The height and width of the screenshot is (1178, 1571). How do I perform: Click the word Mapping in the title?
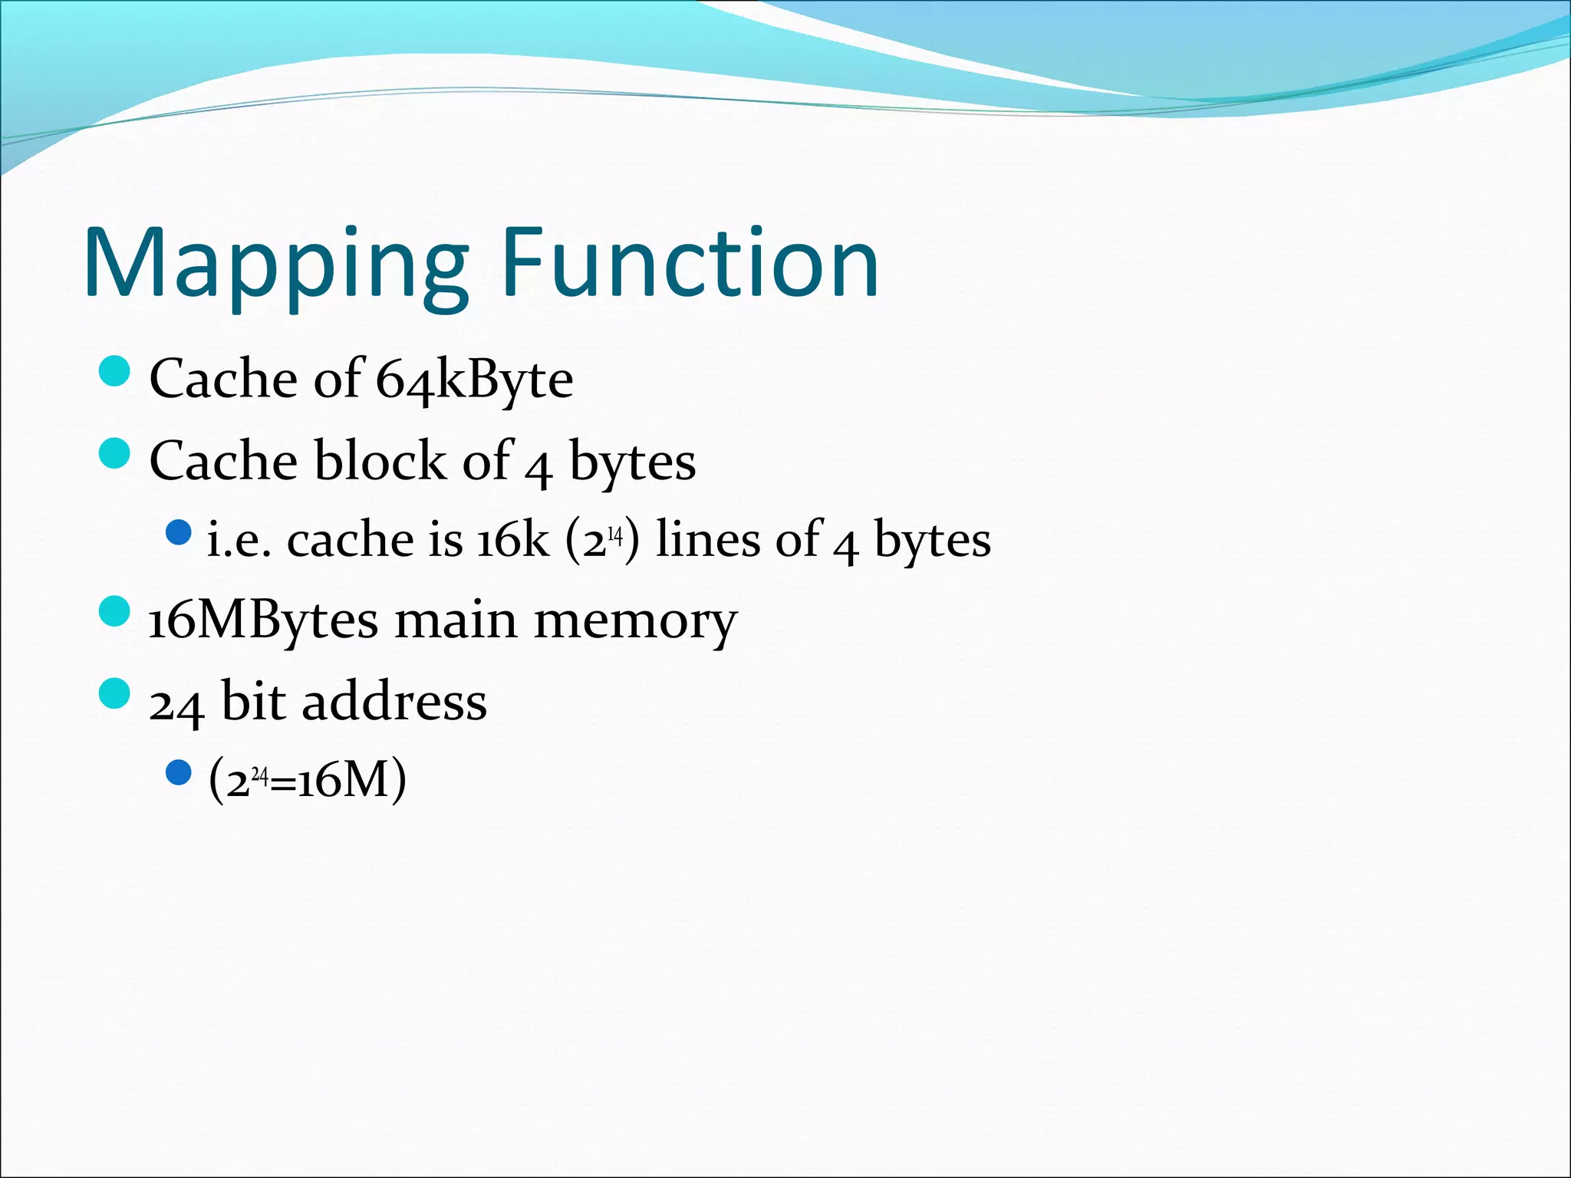(x=275, y=265)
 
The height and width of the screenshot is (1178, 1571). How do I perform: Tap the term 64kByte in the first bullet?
(x=474, y=380)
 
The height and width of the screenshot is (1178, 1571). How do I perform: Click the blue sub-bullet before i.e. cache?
(x=178, y=532)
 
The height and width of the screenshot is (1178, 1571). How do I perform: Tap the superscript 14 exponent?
(x=614, y=533)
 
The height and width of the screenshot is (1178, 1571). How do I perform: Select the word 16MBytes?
(x=263, y=621)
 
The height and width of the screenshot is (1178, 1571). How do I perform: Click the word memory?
(x=635, y=621)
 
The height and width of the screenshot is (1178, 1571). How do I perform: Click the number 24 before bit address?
(x=176, y=703)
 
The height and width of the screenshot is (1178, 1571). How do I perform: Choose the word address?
(x=394, y=702)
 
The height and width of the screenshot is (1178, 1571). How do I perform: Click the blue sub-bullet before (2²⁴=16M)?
(x=178, y=773)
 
